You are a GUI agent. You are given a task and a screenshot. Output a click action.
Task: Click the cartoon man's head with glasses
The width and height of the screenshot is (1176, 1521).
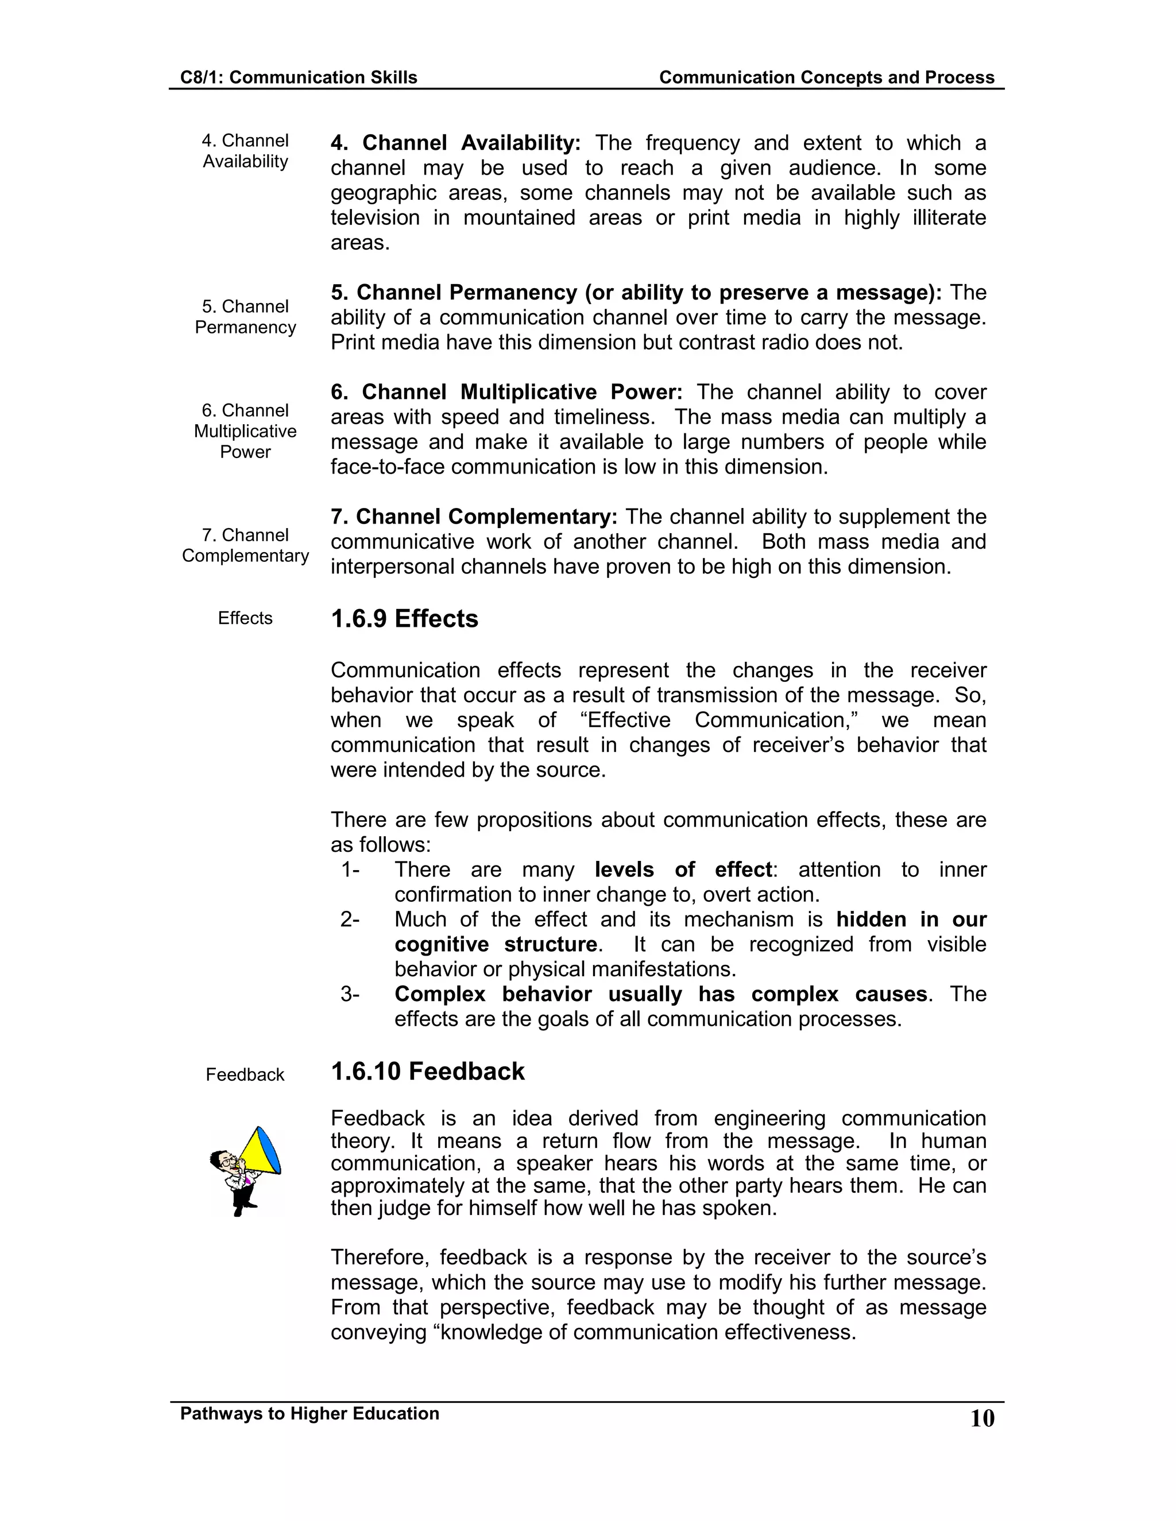[225, 1159]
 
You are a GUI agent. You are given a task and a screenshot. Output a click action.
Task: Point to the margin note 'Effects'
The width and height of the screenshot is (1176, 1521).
[245, 618]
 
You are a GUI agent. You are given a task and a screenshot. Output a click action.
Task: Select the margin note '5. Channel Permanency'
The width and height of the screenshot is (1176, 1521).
[245, 317]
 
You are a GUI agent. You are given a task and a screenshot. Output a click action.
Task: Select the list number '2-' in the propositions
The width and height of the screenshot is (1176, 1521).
[350, 920]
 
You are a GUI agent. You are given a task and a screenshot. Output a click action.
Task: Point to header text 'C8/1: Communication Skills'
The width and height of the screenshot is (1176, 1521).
[298, 77]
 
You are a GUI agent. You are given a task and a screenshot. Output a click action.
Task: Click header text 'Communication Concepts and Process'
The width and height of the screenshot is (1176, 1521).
[826, 77]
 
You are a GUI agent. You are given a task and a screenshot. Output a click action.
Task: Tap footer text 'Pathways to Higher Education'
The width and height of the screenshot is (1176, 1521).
[310, 1414]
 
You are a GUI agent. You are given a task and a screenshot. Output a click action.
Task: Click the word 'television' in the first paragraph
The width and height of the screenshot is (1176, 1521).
[375, 218]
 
